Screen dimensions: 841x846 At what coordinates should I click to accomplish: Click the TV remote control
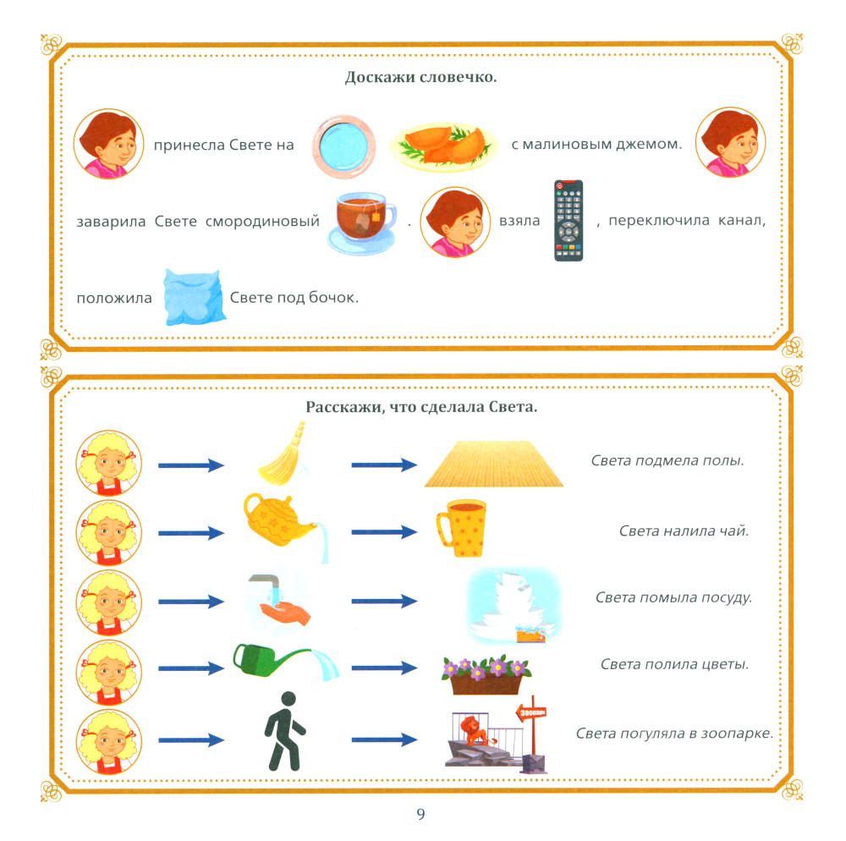[569, 220]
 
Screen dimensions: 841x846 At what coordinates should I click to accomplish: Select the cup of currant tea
[360, 223]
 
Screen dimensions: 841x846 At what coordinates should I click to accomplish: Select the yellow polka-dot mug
[461, 526]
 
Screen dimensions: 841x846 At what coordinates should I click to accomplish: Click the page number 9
[421, 815]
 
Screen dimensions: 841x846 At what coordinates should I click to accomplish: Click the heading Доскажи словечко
[421, 78]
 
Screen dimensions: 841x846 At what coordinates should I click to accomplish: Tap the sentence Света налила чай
[684, 530]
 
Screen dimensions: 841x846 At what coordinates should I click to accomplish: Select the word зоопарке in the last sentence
[739, 733]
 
